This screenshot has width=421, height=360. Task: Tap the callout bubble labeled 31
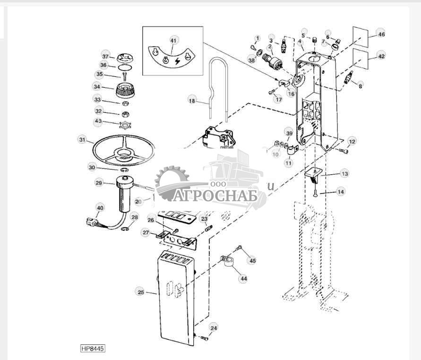point(83,140)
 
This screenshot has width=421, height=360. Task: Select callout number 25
point(140,292)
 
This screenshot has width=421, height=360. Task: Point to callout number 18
point(192,100)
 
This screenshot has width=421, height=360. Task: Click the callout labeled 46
point(381,35)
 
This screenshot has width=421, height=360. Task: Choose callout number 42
point(381,56)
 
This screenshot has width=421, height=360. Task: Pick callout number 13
point(345,174)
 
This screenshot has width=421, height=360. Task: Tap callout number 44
point(243,279)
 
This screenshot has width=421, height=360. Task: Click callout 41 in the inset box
point(173,41)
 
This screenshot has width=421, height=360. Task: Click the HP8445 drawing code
point(93,349)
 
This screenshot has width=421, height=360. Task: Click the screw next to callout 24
point(204,338)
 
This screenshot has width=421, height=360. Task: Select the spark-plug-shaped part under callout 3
point(283,46)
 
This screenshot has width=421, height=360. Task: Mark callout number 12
point(352,141)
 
